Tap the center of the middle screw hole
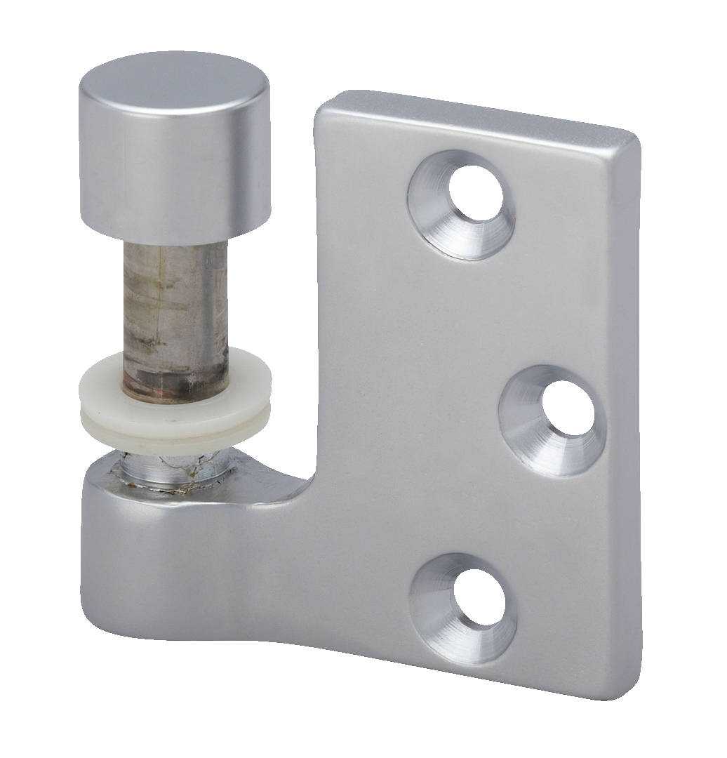click(568, 411)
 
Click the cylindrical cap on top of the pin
click(175, 161)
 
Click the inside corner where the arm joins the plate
click(317, 477)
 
